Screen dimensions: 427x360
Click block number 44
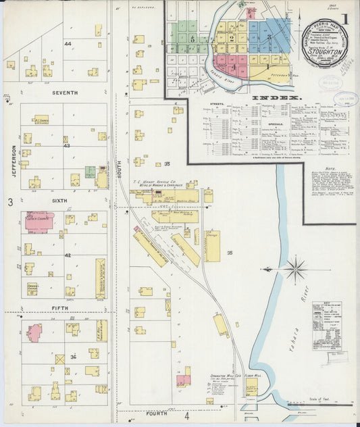pyautogui.click(x=68, y=43)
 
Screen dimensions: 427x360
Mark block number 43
pyautogui.click(x=66, y=146)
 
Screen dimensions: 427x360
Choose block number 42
pyautogui.click(x=68, y=255)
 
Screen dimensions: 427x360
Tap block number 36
pyautogui.click(x=73, y=357)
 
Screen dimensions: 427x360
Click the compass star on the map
pyautogui.click(x=294, y=269)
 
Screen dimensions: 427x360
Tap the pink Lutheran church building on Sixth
pyautogui.click(x=39, y=222)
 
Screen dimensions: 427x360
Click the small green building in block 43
pyautogui.click(x=90, y=172)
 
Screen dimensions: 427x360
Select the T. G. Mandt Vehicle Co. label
pyautogui.click(x=159, y=184)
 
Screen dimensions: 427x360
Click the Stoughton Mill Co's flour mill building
pyautogui.click(x=251, y=386)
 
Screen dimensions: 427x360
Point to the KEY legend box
pyautogui.click(x=326, y=326)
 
